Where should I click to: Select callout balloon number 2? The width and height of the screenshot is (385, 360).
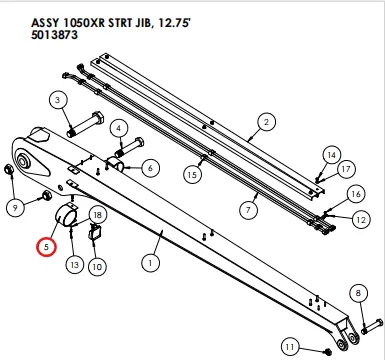point(266,123)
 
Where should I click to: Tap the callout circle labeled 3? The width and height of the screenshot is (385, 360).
point(58,100)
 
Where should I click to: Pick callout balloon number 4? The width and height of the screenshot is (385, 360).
point(118,128)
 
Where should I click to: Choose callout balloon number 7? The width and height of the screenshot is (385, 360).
point(243,210)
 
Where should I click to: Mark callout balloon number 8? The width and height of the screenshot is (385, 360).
point(358,293)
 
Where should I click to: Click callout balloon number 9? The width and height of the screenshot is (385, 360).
point(15,207)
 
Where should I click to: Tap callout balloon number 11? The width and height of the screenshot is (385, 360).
point(289,347)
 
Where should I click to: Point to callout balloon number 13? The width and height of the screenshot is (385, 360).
point(74,265)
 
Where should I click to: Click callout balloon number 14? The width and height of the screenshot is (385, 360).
point(331,154)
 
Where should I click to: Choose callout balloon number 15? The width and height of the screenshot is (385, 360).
point(194,175)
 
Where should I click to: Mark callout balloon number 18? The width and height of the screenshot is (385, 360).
point(97,215)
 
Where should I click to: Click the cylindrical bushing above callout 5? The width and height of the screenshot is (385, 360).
point(70,214)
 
